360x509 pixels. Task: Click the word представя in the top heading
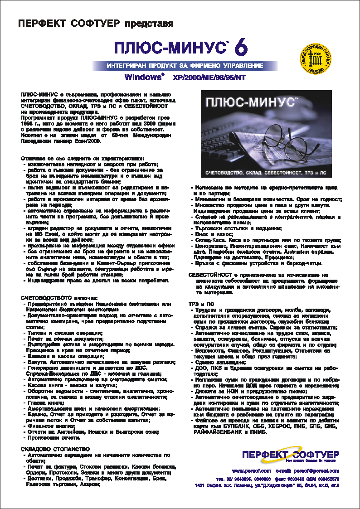(149, 23)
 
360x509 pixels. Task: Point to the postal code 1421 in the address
(200, 485)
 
